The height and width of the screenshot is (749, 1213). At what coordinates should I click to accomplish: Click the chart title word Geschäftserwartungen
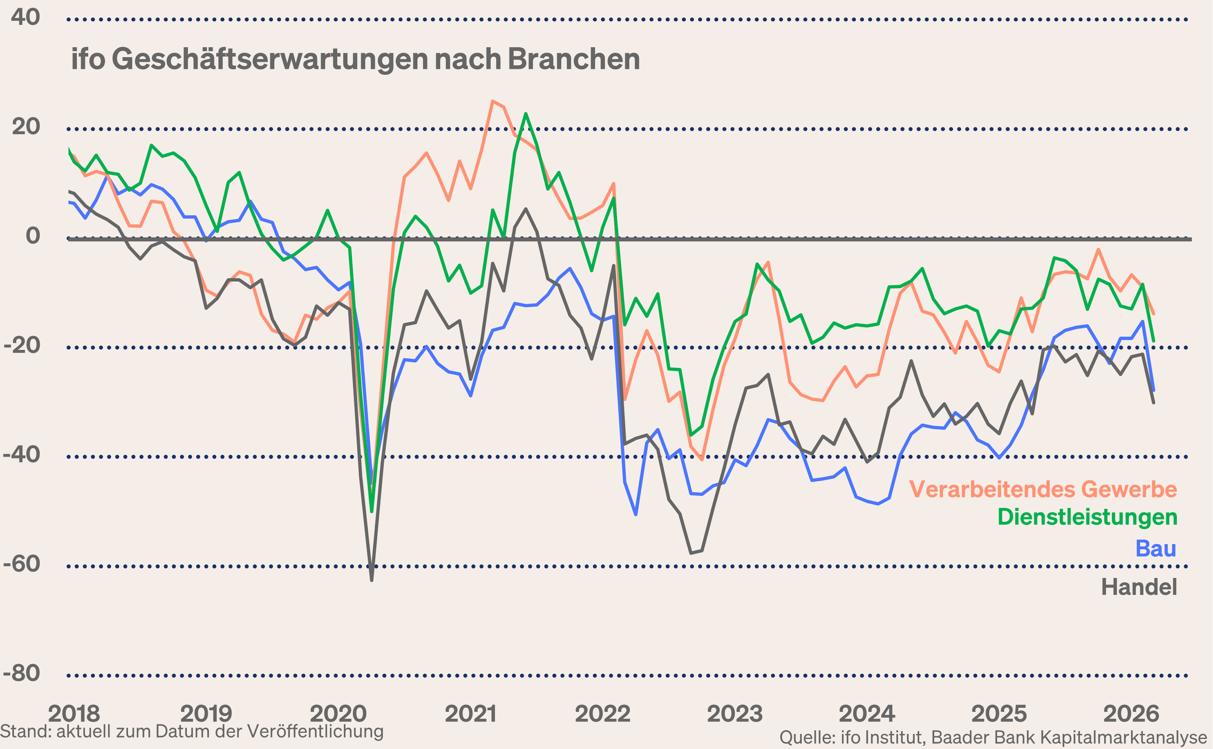[x=270, y=59]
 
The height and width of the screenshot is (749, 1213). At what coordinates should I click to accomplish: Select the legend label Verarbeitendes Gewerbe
[x=1043, y=489]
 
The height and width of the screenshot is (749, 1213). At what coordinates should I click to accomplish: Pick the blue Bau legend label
[x=1155, y=548]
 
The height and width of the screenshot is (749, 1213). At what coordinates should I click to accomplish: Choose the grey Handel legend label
[x=1139, y=587]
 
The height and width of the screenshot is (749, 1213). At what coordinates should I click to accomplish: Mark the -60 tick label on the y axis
[x=22, y=564]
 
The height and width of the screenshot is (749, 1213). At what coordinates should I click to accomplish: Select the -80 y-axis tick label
[x=22, y=673]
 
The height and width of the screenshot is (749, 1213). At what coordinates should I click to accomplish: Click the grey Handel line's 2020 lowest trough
[x=371, y=580]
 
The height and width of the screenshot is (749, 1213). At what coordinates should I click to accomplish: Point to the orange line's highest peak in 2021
[x=492, y=101]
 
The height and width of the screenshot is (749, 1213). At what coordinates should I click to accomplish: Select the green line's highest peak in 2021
[x=526, y=114]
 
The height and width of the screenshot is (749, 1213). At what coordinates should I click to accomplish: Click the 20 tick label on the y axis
[x=26, y=127]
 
